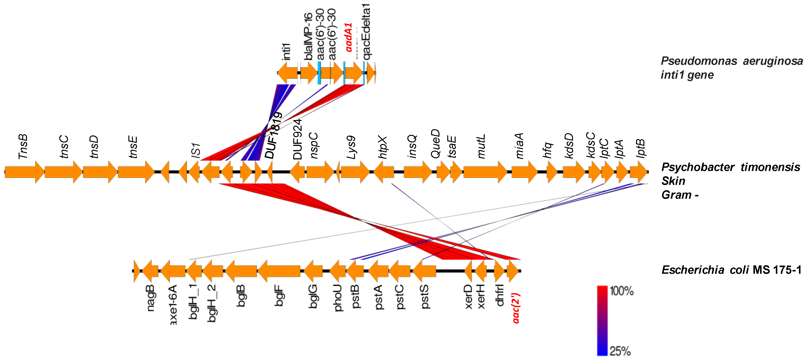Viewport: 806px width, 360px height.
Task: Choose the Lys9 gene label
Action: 351,147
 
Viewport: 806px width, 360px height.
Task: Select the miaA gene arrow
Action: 524,172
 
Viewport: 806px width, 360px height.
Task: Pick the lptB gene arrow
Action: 638,172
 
